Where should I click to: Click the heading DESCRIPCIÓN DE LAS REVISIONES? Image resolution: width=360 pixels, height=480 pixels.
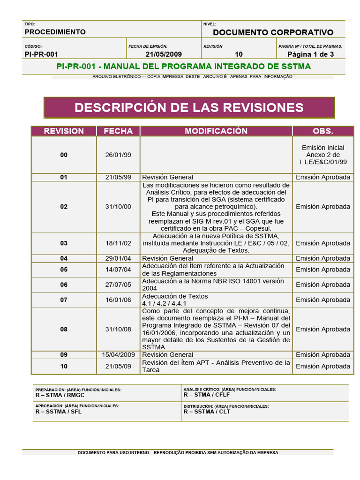point(189,107)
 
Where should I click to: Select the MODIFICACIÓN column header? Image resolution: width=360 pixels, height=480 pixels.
point(216,131)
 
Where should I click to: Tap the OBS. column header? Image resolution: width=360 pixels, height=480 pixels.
point(322,131)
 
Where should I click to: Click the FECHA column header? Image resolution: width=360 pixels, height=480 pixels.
point(118,131)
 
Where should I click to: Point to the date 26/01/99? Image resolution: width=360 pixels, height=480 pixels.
point(118,155)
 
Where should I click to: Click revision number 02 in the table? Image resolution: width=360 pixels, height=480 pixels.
point(64,207)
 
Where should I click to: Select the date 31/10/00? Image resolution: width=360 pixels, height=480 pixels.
point(118,207)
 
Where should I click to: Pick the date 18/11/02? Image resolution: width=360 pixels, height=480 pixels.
point(118,243)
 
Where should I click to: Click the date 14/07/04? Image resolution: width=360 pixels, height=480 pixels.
point(118,270)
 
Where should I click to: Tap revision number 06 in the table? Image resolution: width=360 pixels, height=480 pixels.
point(64,285)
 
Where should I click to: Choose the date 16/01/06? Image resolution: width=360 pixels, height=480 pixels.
point(118,300)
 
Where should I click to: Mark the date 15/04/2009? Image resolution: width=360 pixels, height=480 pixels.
point(118,355)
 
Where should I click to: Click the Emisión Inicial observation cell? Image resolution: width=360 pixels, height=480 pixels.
point(322,155)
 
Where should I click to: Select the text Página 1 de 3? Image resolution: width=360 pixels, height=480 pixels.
point(310,54)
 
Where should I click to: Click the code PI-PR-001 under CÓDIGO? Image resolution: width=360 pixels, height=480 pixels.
point(41,54)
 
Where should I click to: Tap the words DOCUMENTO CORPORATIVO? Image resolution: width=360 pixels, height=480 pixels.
point(273,32)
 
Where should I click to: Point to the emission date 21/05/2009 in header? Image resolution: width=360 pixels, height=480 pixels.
point(164,54)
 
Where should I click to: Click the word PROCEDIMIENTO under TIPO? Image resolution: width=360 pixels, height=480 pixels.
point(55,32)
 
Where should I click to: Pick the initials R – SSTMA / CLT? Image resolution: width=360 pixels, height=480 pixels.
point(207,412)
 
